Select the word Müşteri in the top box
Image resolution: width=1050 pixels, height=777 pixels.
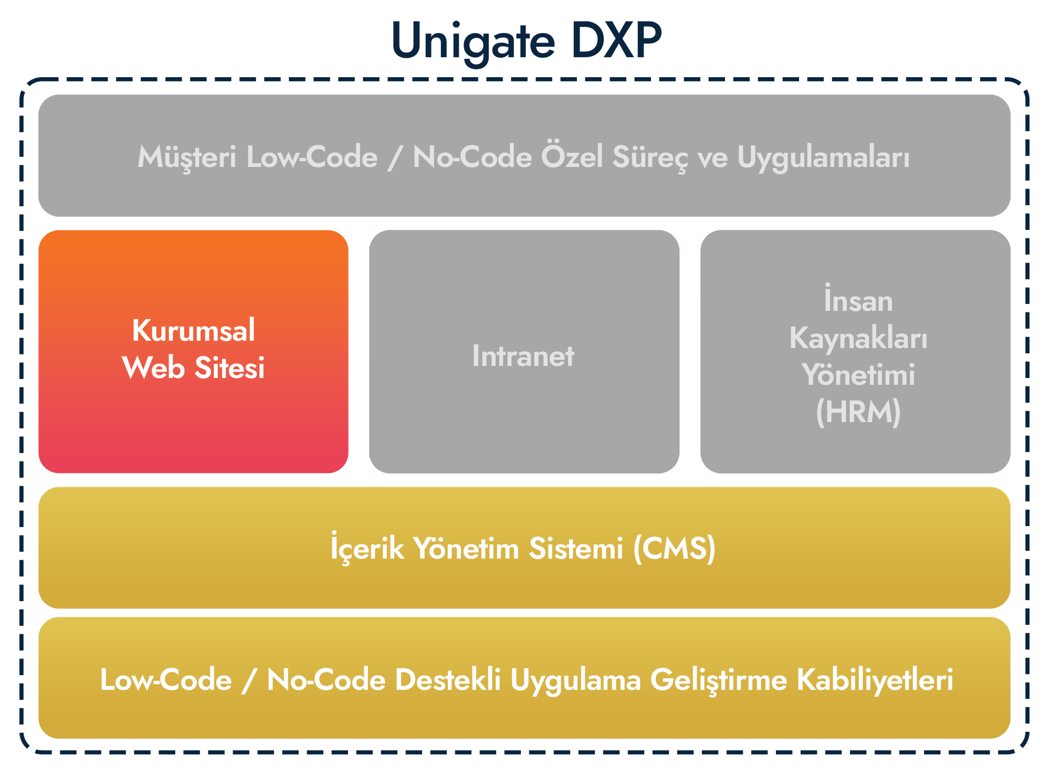(187, 157)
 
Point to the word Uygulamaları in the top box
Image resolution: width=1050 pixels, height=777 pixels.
(823, 158)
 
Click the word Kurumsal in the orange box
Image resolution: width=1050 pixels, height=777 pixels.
(193, 331)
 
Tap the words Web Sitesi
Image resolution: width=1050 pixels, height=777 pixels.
(193, 367)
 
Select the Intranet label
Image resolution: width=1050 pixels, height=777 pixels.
(523, 356)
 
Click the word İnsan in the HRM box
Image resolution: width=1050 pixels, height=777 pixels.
(858, 299)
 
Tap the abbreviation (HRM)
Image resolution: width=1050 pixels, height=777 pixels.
(858, 412)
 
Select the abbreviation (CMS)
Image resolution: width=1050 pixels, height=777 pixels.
(675, 549)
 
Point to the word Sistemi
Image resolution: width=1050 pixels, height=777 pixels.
(576, 549)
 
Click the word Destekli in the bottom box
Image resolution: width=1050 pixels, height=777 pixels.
(448, 679)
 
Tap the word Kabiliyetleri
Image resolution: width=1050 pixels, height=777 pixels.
(875, 680)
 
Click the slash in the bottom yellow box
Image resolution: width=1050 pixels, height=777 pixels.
(249, 680)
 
